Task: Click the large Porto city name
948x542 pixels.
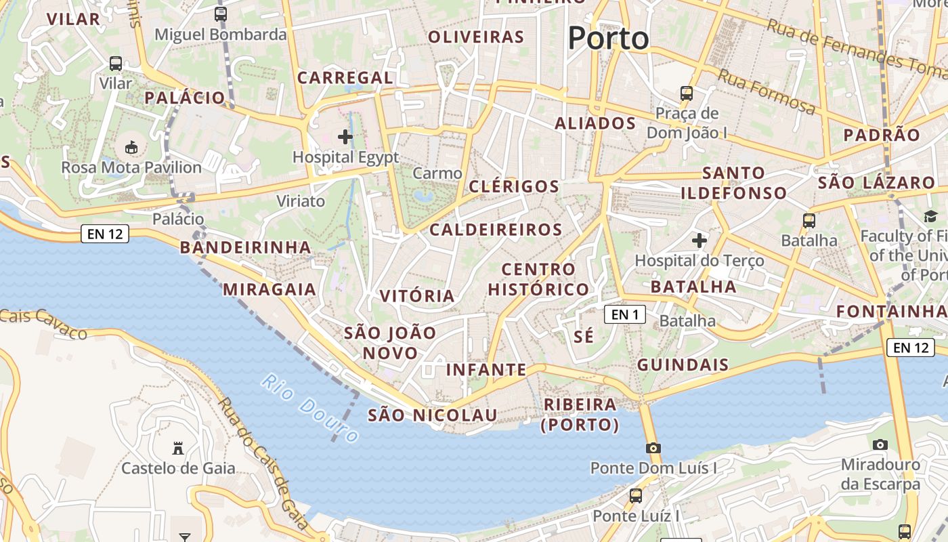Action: (608, 38)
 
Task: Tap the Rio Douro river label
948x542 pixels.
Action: (309, 409)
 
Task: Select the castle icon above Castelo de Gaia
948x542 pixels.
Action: (178, 448)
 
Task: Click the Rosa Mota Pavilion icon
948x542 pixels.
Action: (131, 147)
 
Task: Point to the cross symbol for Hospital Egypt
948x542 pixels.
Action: (345, 137)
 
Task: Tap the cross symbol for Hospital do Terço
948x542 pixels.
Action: (699, 241)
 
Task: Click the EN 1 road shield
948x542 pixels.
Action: (625, 314)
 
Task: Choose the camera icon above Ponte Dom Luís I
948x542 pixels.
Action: (653, 448)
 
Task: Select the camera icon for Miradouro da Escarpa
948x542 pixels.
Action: (880, 444)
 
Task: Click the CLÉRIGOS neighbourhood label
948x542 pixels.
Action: (514, 186)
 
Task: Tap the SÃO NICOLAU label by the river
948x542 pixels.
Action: (432, 415)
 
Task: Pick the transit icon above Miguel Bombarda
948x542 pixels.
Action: (221, 14)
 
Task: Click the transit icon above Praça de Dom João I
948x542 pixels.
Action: (687, 93)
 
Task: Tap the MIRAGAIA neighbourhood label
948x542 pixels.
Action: (270, 289)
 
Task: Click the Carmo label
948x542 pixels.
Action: (437, 173)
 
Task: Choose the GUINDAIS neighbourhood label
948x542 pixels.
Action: (683, 364)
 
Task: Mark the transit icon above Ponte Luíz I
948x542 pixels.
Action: (636, 495)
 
